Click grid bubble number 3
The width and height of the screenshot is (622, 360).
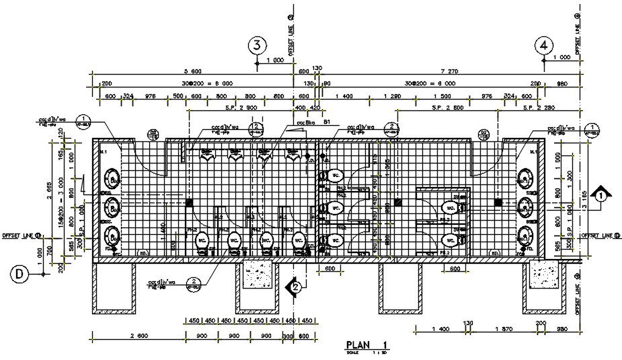(x=257, y=45)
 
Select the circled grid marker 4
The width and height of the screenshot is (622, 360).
(x=545, y=45)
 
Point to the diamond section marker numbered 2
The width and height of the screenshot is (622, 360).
(x=295, y=287)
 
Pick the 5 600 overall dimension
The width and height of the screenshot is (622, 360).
(x=193, y=71)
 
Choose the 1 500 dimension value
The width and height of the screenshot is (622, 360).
(x=444, y=97)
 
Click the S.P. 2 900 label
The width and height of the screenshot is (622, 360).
(x=241, y=108)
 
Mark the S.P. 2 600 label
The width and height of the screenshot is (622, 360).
(x=444, y=108)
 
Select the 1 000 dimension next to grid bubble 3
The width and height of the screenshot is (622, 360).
(x=274, y=61)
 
